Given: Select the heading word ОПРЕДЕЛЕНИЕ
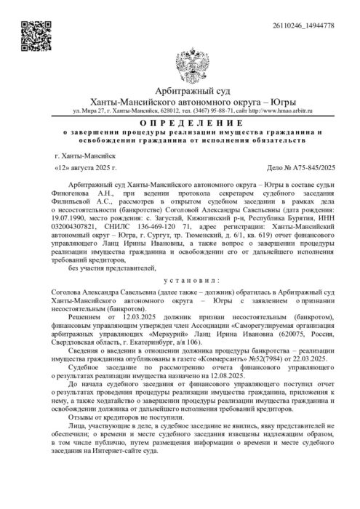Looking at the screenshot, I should pyautogui.click(x=180, y=124).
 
